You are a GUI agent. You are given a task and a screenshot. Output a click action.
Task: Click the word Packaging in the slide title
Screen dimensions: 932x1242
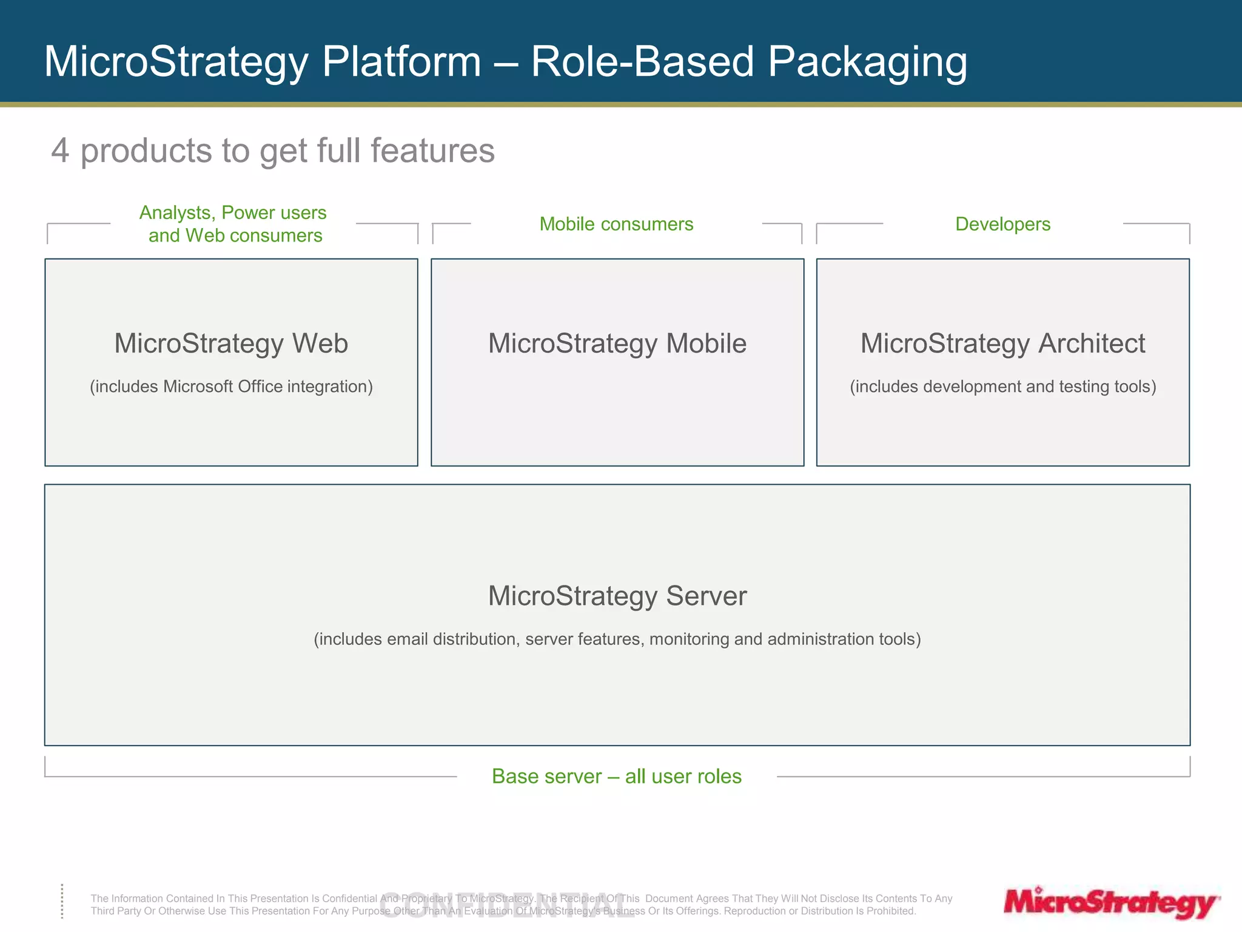[x=867, y=62]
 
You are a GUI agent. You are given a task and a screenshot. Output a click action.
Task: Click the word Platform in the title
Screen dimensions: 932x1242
[x=401, y=62]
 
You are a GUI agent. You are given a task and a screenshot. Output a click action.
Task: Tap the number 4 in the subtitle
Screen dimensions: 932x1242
[x=59, y=150]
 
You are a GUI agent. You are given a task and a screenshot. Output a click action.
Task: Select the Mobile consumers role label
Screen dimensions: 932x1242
[x=616, y=224]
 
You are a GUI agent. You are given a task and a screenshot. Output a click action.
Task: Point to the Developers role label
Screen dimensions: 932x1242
[x=1002, y=224]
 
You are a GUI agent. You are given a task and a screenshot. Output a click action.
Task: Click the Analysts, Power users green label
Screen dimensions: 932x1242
[x=233, y=213]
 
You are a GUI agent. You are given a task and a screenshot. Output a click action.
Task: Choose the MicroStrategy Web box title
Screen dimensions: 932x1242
[x=231, y=343]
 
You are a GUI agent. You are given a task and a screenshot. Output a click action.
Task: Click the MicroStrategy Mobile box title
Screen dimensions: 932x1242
[x=617, y=343]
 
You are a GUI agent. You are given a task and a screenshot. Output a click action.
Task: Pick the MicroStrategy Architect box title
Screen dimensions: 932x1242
[x=1002, y=343]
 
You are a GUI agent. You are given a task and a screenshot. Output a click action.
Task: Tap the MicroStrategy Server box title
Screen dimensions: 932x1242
[x=617, y=596]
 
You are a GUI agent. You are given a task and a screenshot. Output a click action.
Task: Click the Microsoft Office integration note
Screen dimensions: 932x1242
[x=231, y=387]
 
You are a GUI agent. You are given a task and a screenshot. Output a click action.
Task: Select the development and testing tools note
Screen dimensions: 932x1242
[x=1002, y=387]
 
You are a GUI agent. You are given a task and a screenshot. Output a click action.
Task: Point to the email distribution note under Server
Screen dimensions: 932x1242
[x=617, y=639]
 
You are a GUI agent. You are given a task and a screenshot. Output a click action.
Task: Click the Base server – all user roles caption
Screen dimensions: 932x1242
[x=616, y=776]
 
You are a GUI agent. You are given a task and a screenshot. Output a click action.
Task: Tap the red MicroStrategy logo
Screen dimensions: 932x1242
[x=1110, y=902]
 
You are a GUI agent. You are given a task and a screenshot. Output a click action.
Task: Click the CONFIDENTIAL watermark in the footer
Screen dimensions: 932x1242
[x=506, y=905]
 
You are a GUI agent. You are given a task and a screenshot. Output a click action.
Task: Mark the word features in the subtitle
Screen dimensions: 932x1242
[x=432, y=150]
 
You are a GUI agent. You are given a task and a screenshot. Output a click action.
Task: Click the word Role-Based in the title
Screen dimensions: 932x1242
[x=642, y=62]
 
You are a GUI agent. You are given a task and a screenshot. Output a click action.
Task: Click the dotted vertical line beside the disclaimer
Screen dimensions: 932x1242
[x=62, y=901]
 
